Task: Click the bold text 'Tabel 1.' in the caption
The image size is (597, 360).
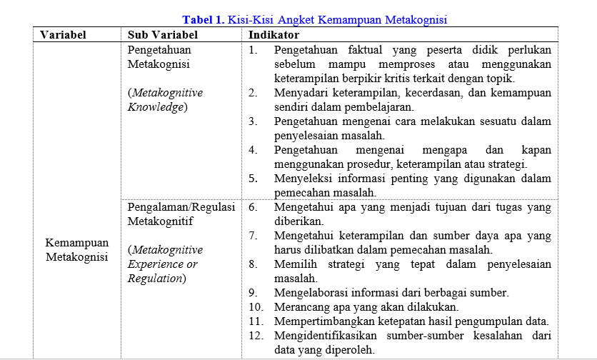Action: [x=204, y=20]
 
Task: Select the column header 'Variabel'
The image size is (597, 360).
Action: [x=63, y=34]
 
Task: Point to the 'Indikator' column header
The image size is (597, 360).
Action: [x=274, y=34]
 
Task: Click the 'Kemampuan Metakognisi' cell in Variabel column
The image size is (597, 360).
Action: [x=76, y=249]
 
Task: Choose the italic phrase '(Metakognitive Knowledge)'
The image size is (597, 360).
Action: [x=165, y=100]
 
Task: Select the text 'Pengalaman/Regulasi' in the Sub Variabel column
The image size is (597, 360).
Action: [x=181, y=207]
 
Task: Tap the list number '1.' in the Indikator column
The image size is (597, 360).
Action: [x=254, y=51]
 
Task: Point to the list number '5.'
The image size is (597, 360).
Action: [x=254, y=179]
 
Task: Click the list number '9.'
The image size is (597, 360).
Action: [x=254, y=292]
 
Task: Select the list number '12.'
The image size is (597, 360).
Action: [x=256, y=335]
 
